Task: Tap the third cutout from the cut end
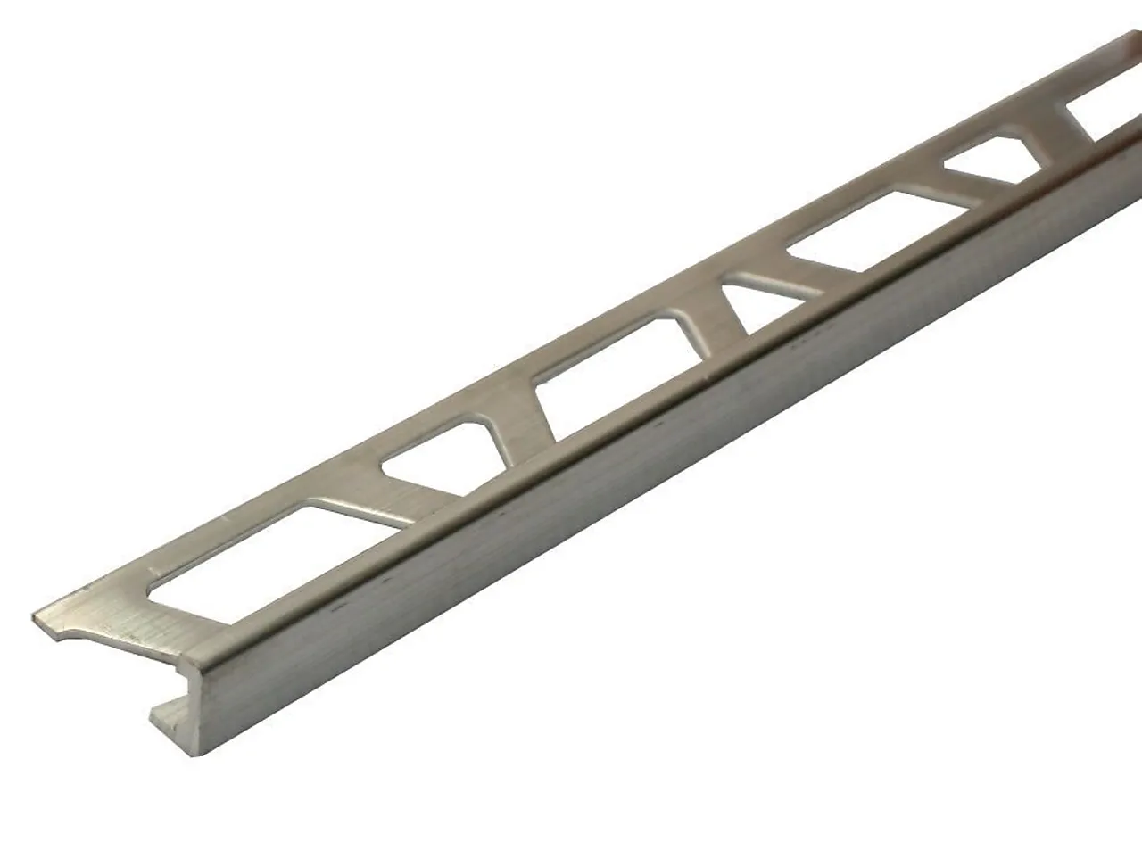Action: (x=616, y=375)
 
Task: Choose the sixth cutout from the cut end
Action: (x=990, y=159)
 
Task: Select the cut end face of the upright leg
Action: (x=191, y=696)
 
